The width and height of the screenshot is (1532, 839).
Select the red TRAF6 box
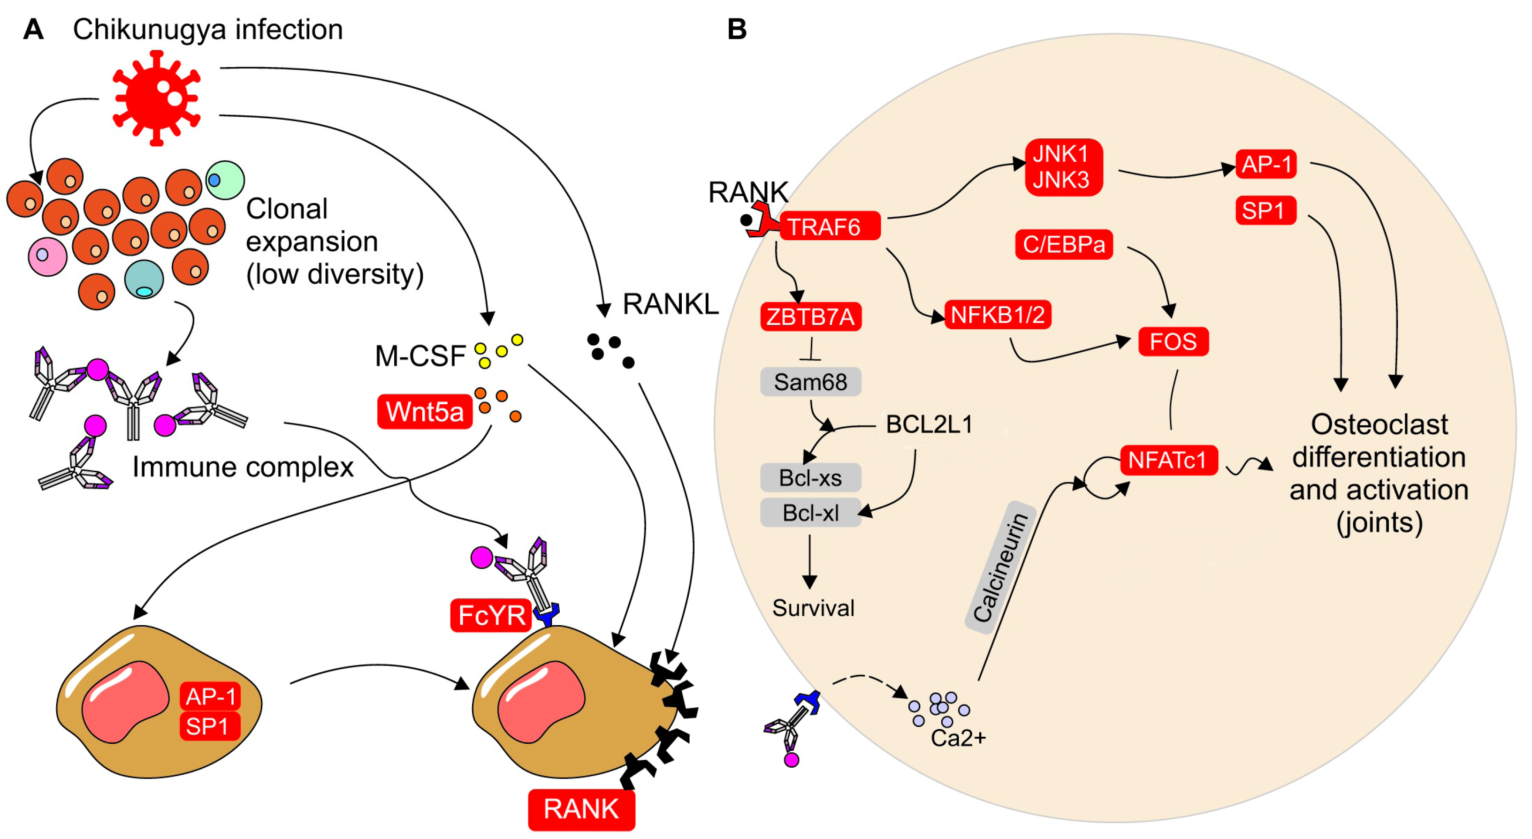click(x=829, y=227)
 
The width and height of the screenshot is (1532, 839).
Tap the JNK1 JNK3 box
click(x=1063, y=167)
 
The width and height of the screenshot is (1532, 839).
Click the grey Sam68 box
click(x=810, y=382)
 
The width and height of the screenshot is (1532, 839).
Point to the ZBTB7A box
click(x=810, y=317)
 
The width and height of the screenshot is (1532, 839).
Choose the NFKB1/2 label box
click(x=998, y=315)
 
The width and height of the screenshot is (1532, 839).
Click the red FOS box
click(x=1173, y=341)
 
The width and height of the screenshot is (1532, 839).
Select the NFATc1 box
click(x=1168, y=460)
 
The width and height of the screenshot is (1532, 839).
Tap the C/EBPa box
click(x=1063, y=244)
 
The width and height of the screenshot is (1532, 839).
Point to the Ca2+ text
click(x=958, y=738)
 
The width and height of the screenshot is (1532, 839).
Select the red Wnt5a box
click(x=425, y=411)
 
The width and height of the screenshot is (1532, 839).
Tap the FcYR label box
click(x=491, y=615)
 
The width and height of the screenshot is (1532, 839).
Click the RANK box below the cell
click(x=581, y=809)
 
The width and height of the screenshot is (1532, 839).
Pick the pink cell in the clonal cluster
click(x=47, y=256)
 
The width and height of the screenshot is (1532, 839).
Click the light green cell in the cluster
click(x=225, y=180)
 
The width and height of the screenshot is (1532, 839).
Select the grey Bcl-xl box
click(x=810, y=513)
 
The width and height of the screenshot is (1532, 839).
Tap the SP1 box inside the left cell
click(x=209, y=726)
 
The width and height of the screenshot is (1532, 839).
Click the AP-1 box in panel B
click(x=1265, y=164)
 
